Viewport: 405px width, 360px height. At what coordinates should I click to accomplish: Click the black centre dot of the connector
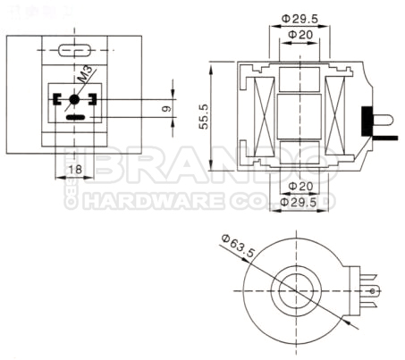pyautogui.click(x=73, y=100)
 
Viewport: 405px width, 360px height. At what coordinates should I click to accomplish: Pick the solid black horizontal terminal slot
pyautogui.click(x=76, y=117)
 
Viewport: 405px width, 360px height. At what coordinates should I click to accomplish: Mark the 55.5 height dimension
pyautogui.click(x=203, y=118)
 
